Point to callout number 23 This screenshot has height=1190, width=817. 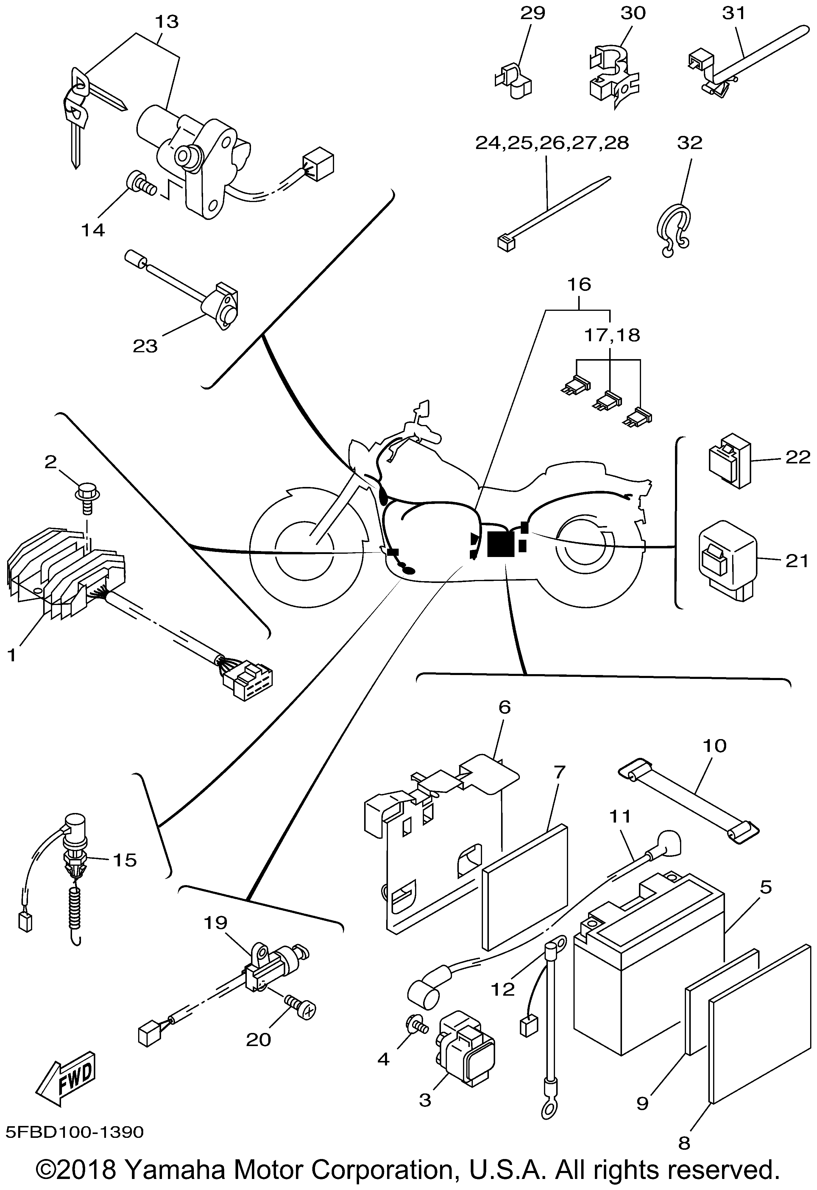click(145, 346)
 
